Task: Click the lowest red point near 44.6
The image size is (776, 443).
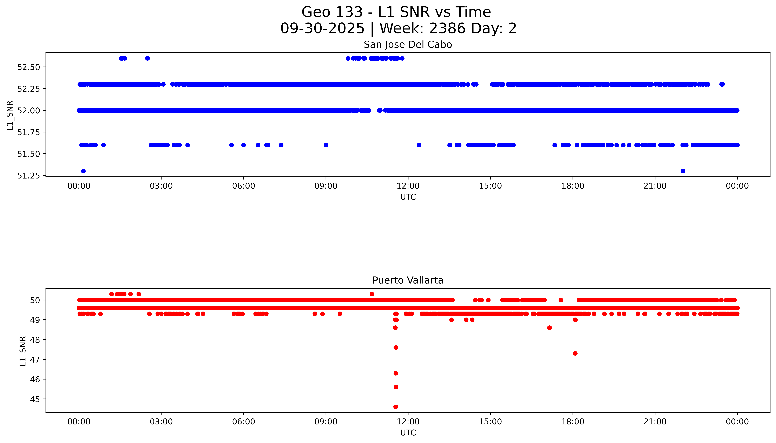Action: (395, 407)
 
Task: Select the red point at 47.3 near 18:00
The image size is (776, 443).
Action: (575, 353)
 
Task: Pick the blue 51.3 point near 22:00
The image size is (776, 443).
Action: (683, 171)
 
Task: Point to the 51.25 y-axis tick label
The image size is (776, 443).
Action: (29, 176)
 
